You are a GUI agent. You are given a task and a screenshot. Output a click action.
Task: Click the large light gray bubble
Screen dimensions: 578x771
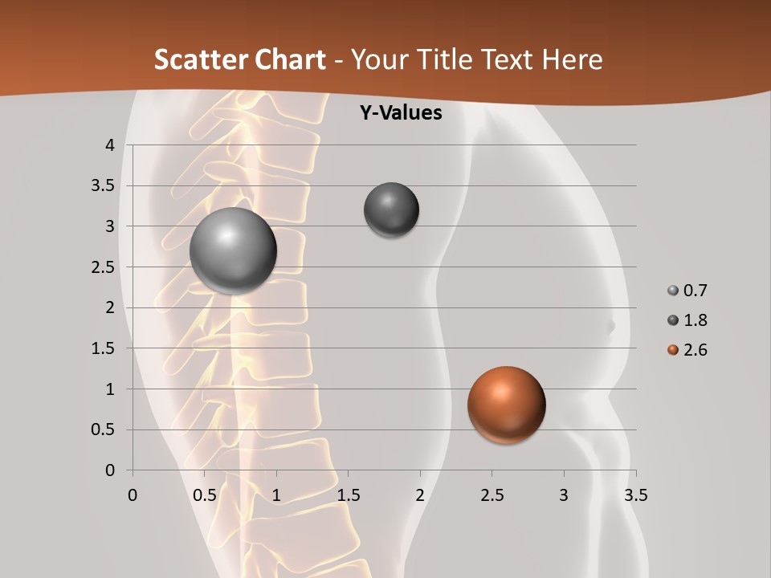coord(233,250)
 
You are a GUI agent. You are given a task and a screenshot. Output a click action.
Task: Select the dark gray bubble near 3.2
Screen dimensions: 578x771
coord(391,210)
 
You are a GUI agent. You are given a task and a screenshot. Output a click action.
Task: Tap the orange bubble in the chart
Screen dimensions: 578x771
coord(506,405)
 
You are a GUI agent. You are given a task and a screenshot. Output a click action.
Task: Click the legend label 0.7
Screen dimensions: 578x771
coord(696,291)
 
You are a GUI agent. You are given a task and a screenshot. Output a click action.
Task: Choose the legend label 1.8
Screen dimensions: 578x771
coord(696,320)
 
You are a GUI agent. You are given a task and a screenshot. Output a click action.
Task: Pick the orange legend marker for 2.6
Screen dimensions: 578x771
coord(673,350)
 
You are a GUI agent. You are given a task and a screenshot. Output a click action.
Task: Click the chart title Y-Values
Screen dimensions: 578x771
coord(401,113)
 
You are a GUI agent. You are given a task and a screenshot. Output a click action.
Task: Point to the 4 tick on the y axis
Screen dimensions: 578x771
coord(111,145)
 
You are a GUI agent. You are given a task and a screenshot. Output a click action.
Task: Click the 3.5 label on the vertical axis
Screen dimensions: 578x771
coord(104,186)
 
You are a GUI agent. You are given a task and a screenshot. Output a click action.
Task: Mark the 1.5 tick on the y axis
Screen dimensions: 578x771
coord(104,348)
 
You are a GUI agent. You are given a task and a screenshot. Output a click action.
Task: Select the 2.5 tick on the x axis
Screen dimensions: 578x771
coord(492,495)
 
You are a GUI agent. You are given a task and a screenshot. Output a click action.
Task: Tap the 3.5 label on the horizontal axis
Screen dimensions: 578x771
coord(635,495)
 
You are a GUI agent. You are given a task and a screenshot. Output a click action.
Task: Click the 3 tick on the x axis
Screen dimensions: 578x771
coord(564,495)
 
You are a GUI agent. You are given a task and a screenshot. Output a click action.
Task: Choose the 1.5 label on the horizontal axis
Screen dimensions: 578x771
coord(348,495)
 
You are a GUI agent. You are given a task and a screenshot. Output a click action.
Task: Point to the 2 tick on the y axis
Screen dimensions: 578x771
coord(111,307)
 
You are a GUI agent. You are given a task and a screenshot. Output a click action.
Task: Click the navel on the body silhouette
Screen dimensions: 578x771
coord(610,327)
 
